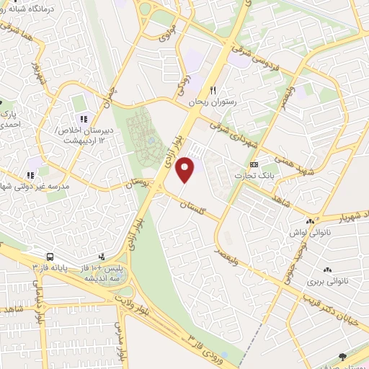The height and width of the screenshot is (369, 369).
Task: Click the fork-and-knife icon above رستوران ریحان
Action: point(213,90)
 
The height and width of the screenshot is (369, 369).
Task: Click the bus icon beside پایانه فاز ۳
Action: point(50,257)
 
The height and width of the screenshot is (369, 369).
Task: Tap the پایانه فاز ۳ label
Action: point(50,267)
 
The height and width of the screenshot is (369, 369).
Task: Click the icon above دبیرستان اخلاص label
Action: point(84,118)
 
